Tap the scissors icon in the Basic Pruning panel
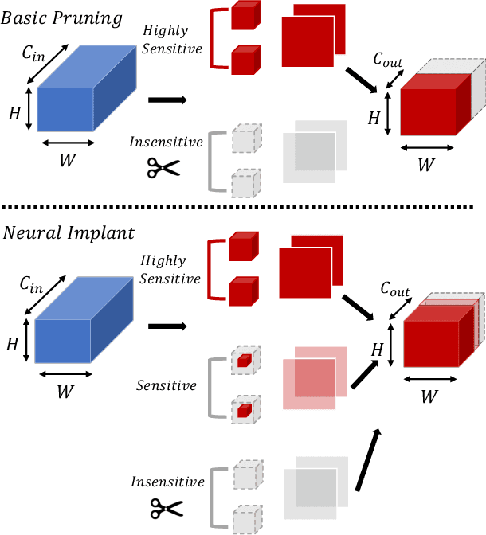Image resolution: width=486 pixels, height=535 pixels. [x=163, y=169]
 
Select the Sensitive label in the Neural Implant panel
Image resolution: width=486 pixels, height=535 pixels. [x=166, y=386]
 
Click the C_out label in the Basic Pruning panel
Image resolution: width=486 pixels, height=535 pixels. [x=388, y=60]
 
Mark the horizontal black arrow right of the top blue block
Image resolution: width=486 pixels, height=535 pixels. [x=167, y=100]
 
